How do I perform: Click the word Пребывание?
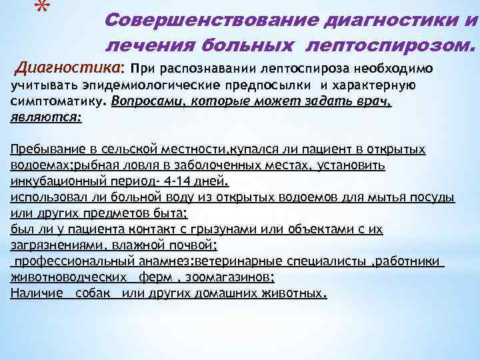[47, 149]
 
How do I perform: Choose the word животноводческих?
[69, 277]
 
